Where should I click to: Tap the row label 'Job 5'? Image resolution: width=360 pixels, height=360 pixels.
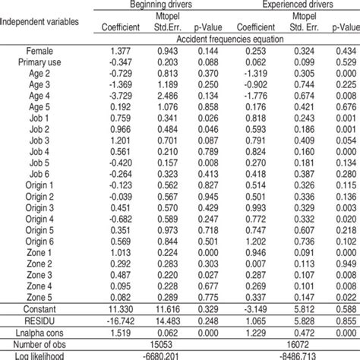pyautogui.click(x=39, y=163)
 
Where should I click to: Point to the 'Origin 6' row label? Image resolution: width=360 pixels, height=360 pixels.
pyautogui.click(x=39, y=241)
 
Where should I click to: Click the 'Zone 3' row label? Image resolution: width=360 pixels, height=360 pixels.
pyautogui.click(x=39, y=274)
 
